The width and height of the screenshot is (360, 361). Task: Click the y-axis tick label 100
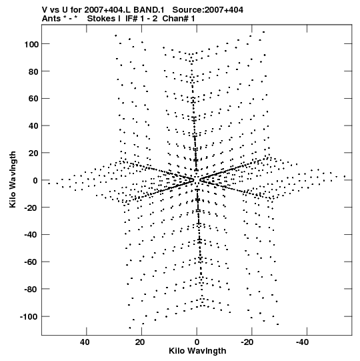(x=31, y=44)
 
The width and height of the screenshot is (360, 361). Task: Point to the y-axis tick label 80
(x=33, y=72)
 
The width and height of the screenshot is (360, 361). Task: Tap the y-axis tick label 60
(x=33, y=99)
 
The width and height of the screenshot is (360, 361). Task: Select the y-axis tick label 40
(x=33, y=126)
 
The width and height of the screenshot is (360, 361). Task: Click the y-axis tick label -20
(x=31, y=208)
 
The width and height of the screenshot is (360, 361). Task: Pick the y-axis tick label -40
(x=31, y=235)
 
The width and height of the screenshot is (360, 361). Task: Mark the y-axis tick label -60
(x=31, y=262)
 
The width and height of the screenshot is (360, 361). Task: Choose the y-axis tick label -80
(x=31, y=290)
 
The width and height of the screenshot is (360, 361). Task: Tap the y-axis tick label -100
(x=29, y=317)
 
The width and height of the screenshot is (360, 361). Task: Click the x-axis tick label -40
(x=303, y=342)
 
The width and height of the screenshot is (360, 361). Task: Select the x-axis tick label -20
(x=247, y=342)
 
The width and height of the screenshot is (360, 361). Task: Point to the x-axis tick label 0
(x=197, y=342)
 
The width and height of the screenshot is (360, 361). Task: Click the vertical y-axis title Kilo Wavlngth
(x=13, y=179)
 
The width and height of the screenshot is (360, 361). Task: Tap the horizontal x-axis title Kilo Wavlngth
(x=197, y=351)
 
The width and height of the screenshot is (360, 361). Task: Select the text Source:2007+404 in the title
(x=208, y=10)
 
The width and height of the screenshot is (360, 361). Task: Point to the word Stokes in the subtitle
(x=104, y=19)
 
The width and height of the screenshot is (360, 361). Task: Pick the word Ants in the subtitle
(x=51, y=19)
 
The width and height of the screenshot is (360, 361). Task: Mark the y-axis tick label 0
(x=35, y=180)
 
